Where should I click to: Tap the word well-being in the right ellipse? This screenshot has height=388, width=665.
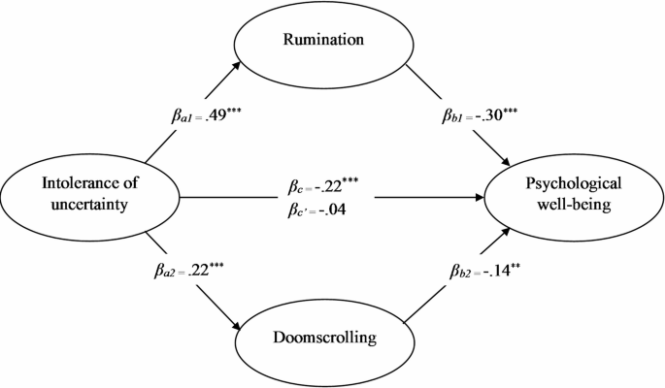point(572,205)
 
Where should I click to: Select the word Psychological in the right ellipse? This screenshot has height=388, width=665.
point(572,182)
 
